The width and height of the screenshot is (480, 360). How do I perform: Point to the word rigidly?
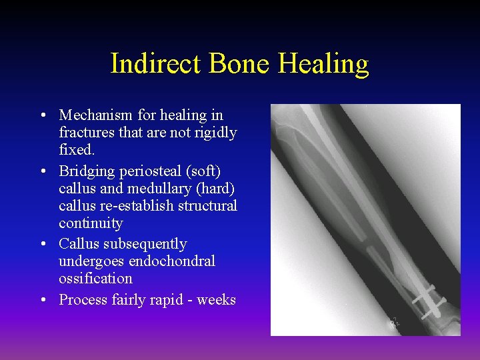click(214, 133)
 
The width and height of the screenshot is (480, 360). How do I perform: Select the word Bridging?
click(87, 172)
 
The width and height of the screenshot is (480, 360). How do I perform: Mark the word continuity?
click(91, 223)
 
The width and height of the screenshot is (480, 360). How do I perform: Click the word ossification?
click(95, 279)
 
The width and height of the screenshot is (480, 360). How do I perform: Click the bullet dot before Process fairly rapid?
click(43, 300)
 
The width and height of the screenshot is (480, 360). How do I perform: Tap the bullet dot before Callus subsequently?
click(43, 244)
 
